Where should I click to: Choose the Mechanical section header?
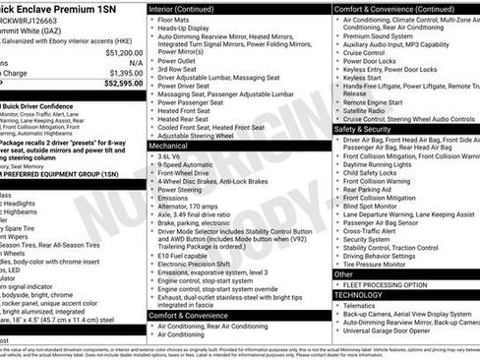pyautogui.click(x=174, y=145)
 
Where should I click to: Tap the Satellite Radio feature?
pyautogui.click(x=372, y=110)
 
